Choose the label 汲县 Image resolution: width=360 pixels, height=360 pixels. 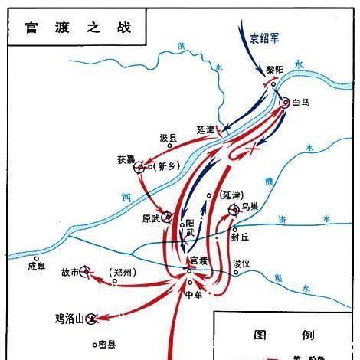(x=169, y=139)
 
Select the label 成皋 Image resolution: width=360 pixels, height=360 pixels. (x=37, y=267)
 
